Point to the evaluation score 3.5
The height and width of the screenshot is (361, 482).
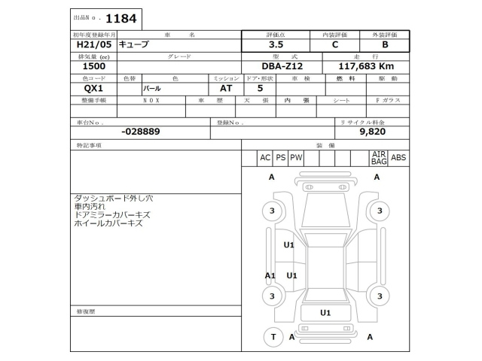pos(277,44)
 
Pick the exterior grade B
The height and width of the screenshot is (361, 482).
pos(385,44)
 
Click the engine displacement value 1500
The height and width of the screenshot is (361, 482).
pos(83,66)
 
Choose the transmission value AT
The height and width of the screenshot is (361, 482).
pos(225,88)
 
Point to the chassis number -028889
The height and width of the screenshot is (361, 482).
pos(140,131)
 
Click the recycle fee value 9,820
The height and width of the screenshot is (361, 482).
pos(372,131)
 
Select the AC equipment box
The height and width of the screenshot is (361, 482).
pos(264,157)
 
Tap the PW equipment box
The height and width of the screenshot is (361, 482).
pos(296,157)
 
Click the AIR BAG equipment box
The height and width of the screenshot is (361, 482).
pos(379,157)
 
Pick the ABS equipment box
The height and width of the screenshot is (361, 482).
pos(398,157)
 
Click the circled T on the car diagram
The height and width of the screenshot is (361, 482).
pos(272,337)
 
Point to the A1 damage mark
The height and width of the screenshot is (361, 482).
pos(270,276)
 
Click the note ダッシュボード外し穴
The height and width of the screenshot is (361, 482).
pos(114,198)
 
